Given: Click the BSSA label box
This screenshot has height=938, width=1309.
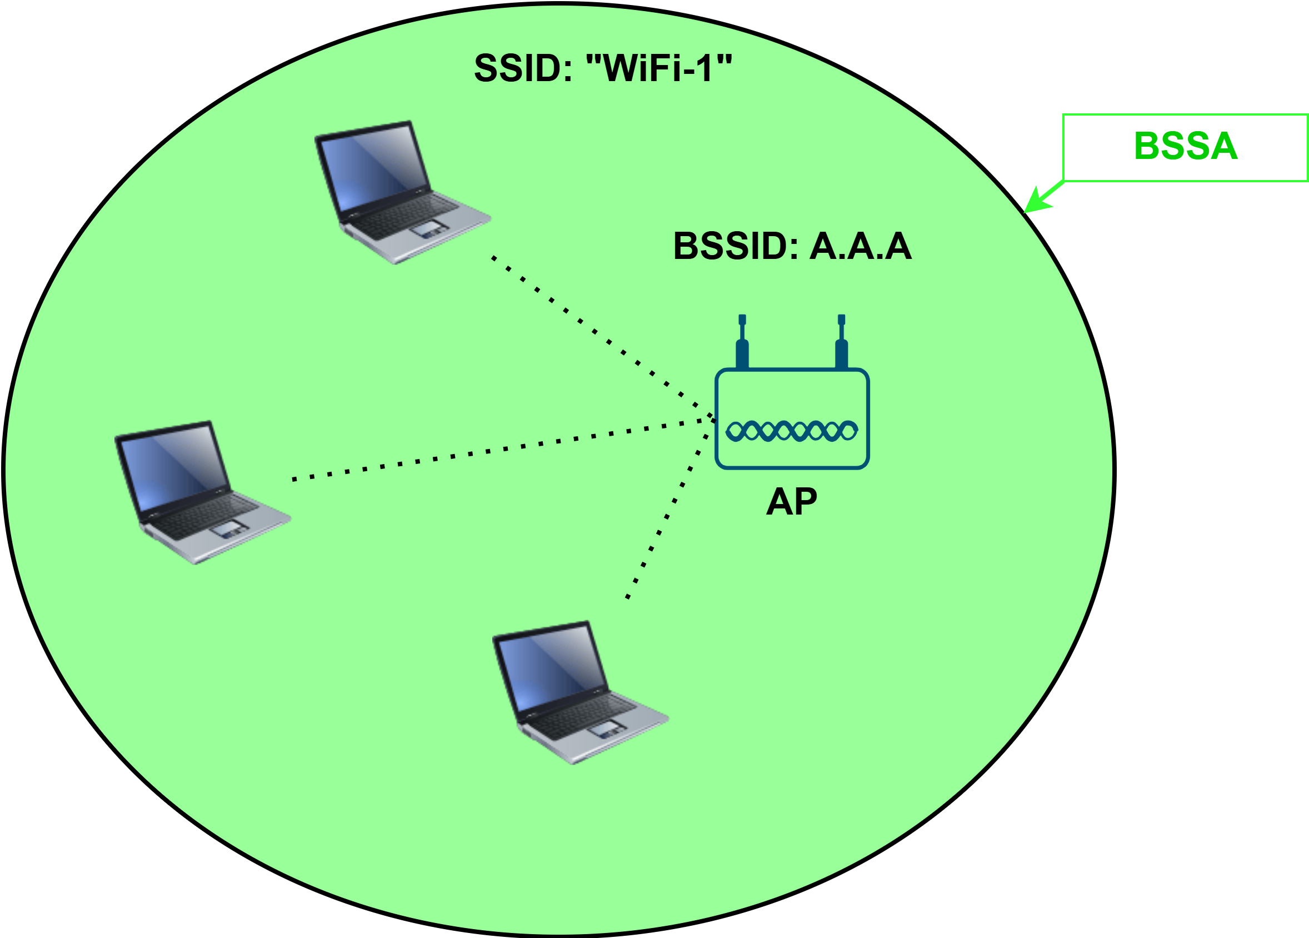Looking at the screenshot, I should (1185, 148).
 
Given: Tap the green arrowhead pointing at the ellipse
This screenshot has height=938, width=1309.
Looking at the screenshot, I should (1037, 203).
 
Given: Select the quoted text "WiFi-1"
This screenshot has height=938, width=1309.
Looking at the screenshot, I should (658, 68).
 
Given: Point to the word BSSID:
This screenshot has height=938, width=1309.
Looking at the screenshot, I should (735, 247).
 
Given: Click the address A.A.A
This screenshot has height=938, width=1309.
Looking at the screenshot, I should (861, 247).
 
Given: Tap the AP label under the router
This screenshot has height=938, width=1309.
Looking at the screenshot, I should (791, 502).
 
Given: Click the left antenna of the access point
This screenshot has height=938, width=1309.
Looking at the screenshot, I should (742, 343).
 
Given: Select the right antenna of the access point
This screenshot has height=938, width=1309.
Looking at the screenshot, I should (842, 343).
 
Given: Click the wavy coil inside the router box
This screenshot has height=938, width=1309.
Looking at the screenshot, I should (792, 431).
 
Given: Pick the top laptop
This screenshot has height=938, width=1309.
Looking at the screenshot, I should (398, 191).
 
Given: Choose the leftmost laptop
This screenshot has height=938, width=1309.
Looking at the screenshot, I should (199, 491).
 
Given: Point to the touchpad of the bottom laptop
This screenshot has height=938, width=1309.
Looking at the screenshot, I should (605, 729).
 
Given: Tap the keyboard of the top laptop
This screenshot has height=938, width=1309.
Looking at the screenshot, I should (404, 217).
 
